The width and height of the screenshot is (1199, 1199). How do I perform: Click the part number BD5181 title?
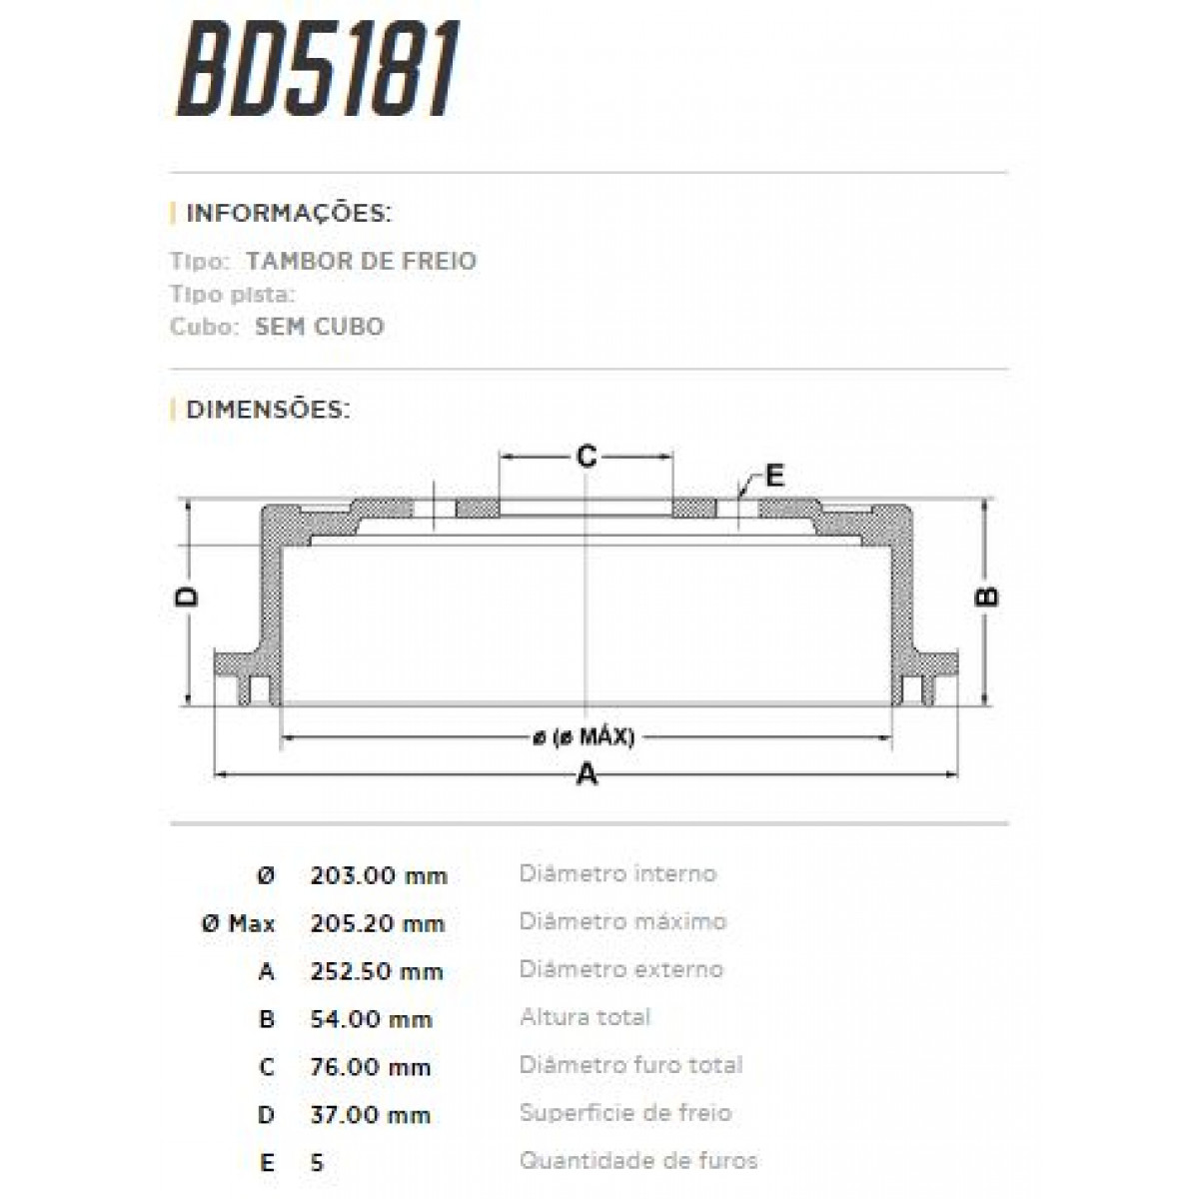pos(318,68)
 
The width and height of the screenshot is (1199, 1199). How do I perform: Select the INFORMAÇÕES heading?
pos(288,213)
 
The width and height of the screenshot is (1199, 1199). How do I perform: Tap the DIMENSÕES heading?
pos(268,409)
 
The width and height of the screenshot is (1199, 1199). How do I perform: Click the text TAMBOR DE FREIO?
pos(361,261)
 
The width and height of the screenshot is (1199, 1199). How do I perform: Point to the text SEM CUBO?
pos(319,327)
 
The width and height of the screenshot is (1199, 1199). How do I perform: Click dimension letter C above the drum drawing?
pos(587,457)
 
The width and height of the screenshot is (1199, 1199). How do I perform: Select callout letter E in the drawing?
pos(774,476)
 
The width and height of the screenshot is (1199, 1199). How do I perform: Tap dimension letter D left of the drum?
pos(187,598)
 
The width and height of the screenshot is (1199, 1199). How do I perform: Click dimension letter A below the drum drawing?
pos(587,773)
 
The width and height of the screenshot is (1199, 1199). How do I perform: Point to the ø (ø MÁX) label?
pos(584,737)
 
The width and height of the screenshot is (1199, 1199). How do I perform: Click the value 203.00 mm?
pos(378,876)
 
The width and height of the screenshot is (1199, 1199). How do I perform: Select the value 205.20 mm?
pos(378,924)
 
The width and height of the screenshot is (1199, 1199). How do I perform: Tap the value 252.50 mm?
pos(376,972)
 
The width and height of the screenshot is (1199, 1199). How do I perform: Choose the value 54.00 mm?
pos(371,1020)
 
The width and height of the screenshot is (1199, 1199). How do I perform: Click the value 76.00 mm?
pos(370,1068)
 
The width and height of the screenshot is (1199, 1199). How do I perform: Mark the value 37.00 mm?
pos(370,1115)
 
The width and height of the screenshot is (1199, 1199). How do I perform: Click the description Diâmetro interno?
pos(617,874)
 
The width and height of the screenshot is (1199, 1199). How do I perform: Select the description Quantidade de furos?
pos(637,1161)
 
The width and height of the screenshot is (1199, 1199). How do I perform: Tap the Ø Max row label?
pos(238,924)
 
